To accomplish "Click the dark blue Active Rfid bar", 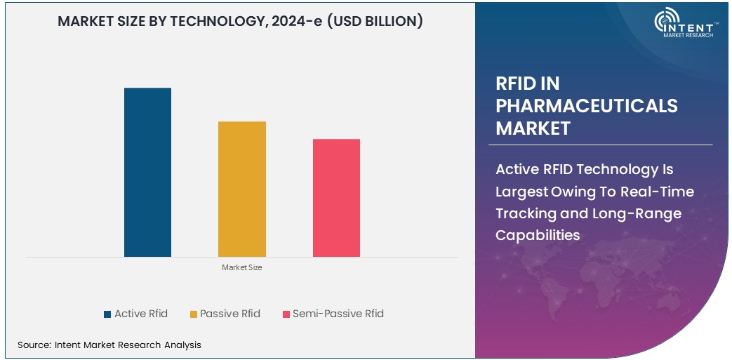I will tap(147, 172).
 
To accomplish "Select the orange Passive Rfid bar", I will tap(241, 189).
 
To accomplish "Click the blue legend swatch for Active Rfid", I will tap(107, 314).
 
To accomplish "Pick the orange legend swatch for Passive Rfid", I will tap(193, 314).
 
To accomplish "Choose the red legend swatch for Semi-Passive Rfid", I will tap(286, 314).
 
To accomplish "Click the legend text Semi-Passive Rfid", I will tap(338, 314).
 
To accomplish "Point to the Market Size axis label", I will tap(241, 267).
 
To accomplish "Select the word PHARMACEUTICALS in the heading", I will tap(586, 106).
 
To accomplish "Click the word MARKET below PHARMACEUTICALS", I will tap(533, 128).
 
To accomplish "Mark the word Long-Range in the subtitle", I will tap(645, 213).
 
